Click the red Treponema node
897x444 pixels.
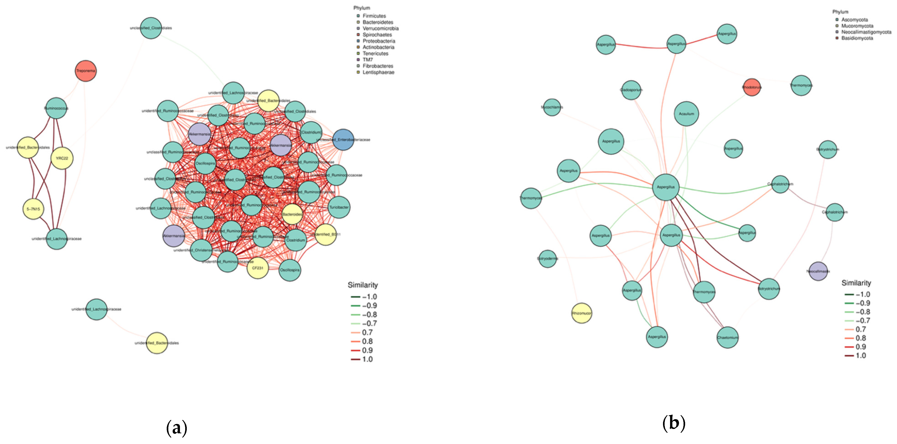tap(86, 71)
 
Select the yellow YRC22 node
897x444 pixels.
tap(62, 158)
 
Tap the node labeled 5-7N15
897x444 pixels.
tap(34, 209)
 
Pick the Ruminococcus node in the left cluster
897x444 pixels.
tap(56, 108)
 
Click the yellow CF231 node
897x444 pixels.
tap(258, 268)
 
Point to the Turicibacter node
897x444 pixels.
tap(339, 207)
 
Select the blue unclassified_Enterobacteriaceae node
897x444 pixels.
tap(343, 140)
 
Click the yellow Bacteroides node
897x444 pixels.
tap(292, 214)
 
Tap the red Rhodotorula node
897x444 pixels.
tap(751, 87)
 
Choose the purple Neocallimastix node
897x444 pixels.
tap(818, 271)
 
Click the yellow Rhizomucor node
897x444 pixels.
tap(582, 313)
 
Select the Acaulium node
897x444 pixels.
tap(686, 114)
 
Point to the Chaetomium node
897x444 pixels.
tap(727, 337)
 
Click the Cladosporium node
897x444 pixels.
tap(631, 90)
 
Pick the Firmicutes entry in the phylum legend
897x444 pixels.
tap(374, 16)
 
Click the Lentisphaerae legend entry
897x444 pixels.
tap(378, 72)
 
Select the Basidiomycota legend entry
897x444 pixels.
tap(857, 38)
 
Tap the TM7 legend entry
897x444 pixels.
tap(367, 60)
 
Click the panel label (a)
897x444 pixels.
tap(177, 427)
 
